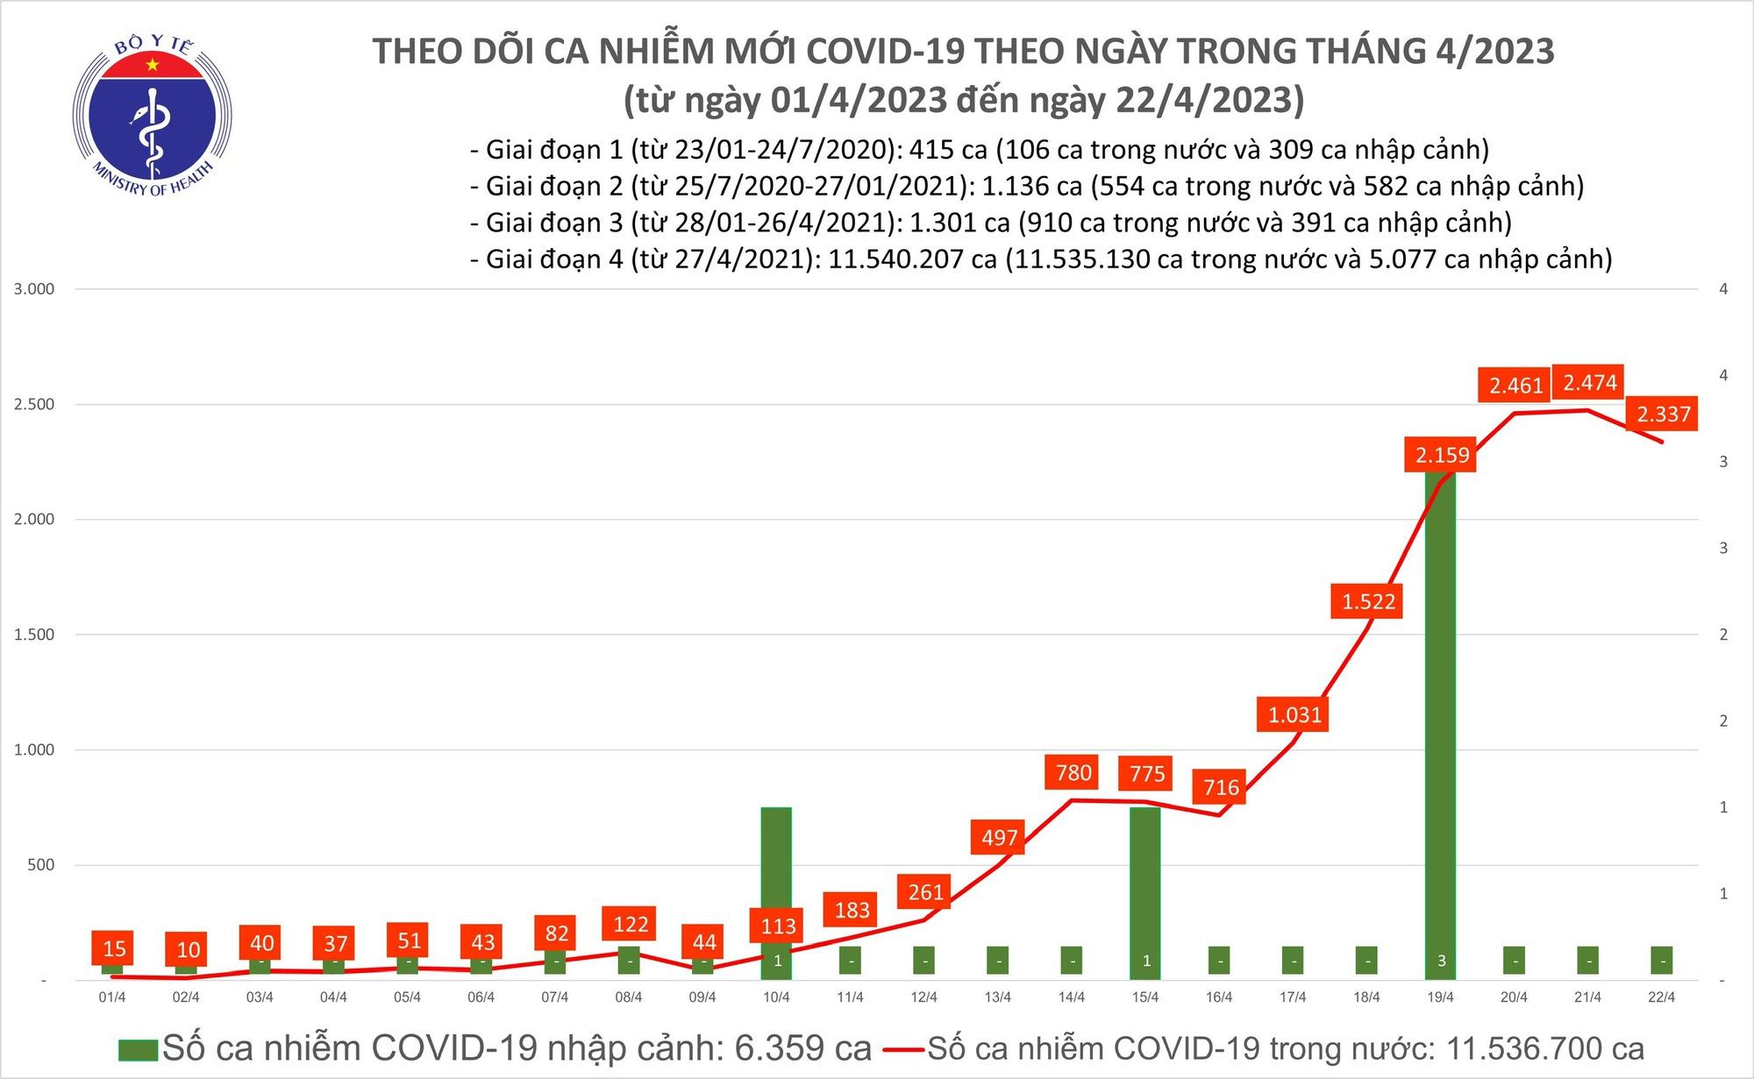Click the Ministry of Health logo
153,117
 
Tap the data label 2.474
1589,383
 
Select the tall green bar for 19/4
1441,719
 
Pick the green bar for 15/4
1145,885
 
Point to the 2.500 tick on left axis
34,404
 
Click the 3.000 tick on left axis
34,289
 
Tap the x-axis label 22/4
1661,997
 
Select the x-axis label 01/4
112,997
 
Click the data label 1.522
1368,602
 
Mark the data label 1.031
1294,715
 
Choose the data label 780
1073,773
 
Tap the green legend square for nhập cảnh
139,1049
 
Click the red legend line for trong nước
903,1049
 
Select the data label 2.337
1663,414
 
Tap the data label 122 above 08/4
631,924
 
